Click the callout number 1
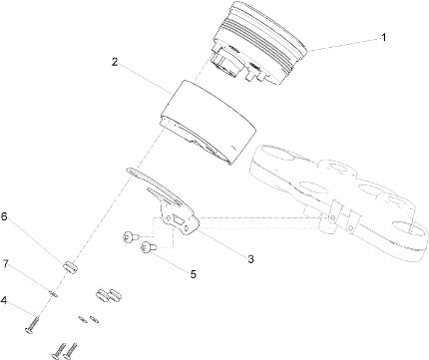tap(384, 38)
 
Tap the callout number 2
tap(115, 62)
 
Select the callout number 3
tap(250, 259)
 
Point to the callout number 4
tap(4, 300)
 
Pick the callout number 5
tap(193, 274)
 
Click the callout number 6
tap(4, 216)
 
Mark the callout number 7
tap(5, 264)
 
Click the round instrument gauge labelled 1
tap(258, 42)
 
